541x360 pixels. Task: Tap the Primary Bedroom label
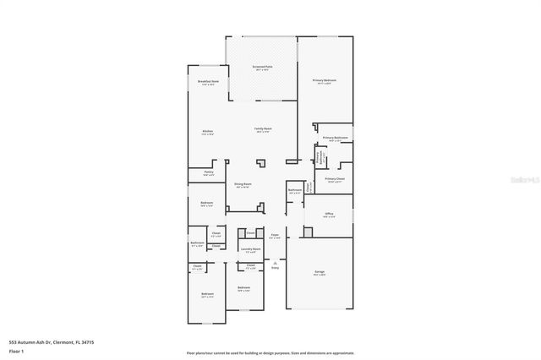coord(325,81)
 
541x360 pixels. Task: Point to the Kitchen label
coord(207,131)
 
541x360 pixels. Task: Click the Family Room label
coord(262,129)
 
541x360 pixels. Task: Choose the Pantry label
coord(208,172)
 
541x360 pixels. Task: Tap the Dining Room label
coord(243,184)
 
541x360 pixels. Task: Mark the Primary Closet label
coord(335,179)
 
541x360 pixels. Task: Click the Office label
coord(330,215)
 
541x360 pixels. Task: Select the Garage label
coord(320,273)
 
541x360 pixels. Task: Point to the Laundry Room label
coord(249,249)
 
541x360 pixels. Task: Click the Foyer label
coord(274,237)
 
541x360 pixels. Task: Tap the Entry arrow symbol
coord(275,263)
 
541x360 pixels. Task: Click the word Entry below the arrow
coord(275,268)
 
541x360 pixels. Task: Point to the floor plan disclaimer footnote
coord(270,352)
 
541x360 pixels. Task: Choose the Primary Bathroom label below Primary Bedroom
coord(336,138)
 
